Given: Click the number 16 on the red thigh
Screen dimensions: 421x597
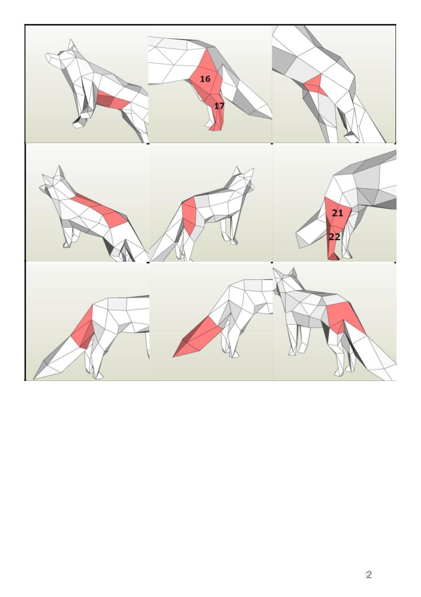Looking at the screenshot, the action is click(x=205, y=79).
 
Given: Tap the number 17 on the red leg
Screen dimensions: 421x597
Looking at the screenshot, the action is click(x=219, y=106).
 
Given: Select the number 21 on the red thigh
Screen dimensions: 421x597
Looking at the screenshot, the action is click(x=338, y=213).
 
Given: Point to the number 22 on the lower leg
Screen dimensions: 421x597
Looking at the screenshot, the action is click(x=334, y=237).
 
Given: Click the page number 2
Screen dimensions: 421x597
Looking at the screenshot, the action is click(x=368, y=575).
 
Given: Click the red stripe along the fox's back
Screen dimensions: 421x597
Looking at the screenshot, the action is click(x=99, y=210).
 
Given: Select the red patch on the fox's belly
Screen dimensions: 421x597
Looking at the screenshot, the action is click(x=113, y=99).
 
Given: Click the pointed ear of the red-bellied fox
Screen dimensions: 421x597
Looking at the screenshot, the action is click(x=72, y=45).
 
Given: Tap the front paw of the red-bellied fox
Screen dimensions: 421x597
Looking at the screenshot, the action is click(x=78, y=123).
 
